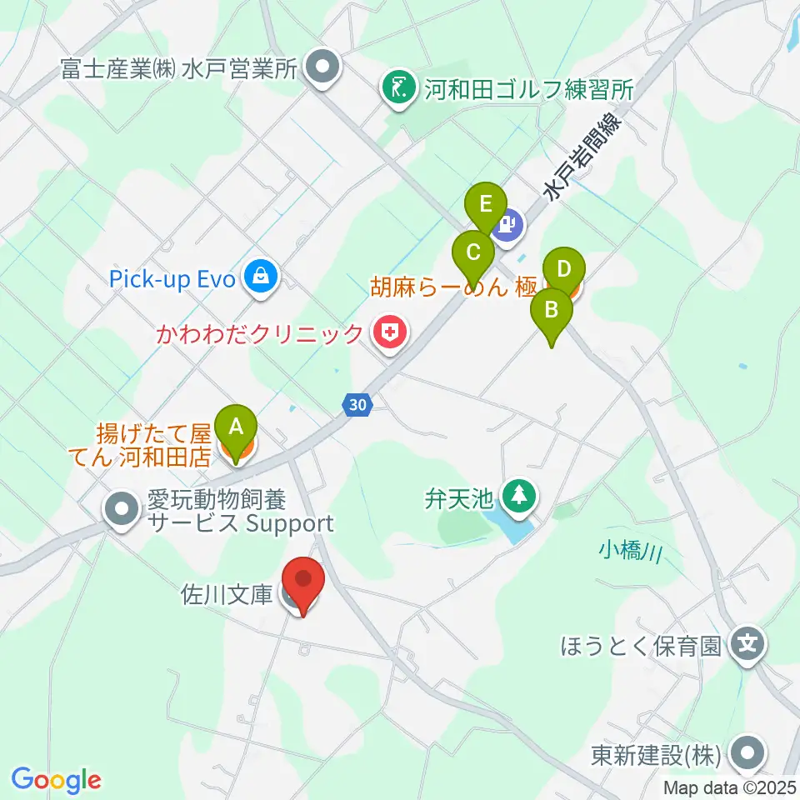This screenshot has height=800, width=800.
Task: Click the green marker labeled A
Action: pyautogui.click(x=236, y=427)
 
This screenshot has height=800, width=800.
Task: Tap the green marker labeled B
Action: pyautogui.click(x=551, y=311)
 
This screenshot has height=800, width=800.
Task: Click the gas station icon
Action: pyautogui.click(x=508, y=226)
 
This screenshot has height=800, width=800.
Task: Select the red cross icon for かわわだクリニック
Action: pyautogui.click(x=389, y=334)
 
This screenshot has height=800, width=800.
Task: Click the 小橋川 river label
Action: pyautogui.click(x=630, y=551)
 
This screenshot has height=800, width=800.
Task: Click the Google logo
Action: pyautogui.click(x=56, y=779)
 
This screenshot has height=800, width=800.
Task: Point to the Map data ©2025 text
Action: pyautogui.click(x=730, y=787)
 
